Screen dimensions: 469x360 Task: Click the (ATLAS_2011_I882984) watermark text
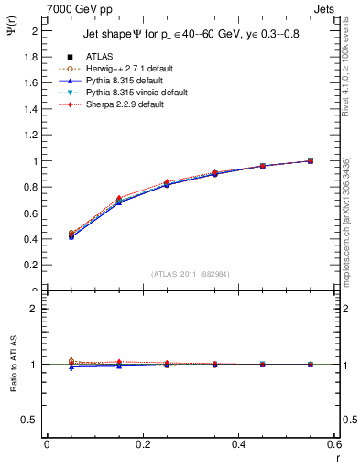click(189, 273)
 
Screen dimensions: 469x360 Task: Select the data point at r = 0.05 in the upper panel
click(71, 235)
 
